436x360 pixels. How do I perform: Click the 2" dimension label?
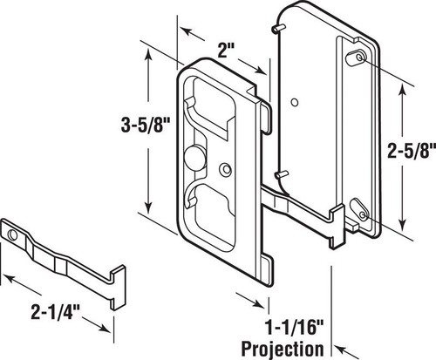click(x=226, y=51)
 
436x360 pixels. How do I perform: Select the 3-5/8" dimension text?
click(x=145, y=126)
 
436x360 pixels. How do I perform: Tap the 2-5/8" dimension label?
click(x=412, y=151)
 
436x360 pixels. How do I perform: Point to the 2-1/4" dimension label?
click(x=55, y=312)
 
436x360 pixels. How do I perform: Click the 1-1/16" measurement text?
click(x=295, y=328)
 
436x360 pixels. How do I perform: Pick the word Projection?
click(x=283, y=349)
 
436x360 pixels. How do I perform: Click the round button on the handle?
click(x=194, y=158)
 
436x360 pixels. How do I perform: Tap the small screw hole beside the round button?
click(x=225, y=170)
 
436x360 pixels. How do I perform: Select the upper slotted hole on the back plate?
click(x=356, y=58)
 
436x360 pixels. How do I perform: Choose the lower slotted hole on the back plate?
click(x=359, y=211)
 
